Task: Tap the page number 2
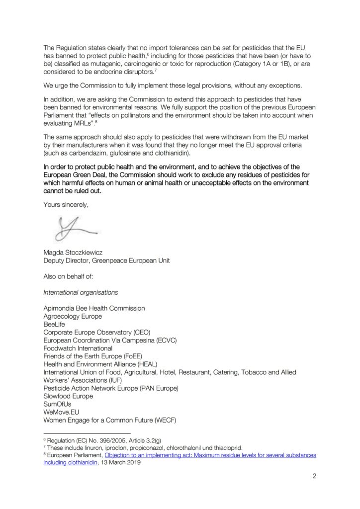[314, 476]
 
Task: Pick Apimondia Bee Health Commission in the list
[94, 308]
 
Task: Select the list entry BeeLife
[54, 324]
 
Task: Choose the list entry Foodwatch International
[78, 348]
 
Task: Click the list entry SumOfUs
[57, 404]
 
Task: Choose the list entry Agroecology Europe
[73, 316]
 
